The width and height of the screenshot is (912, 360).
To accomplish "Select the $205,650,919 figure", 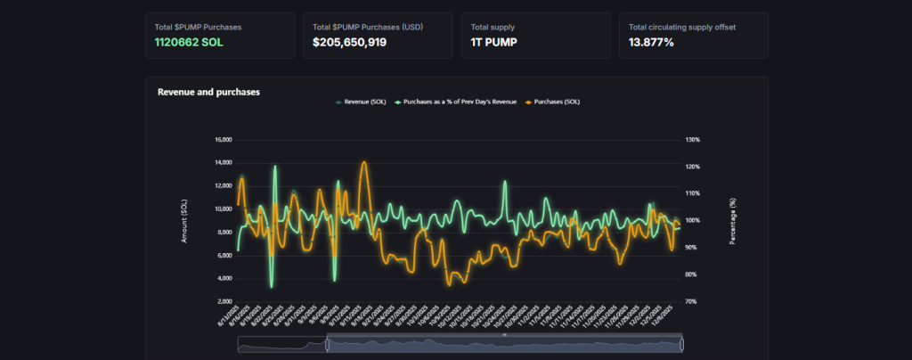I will pos(349,42).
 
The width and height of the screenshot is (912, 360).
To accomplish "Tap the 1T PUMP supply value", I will pos(494,42).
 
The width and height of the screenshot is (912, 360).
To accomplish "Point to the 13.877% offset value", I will pos(652,42).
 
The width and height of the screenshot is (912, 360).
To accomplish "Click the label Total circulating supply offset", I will pos(682,27).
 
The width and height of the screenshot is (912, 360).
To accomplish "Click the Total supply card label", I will pos(493,27).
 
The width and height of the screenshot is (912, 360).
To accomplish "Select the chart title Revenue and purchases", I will pos(208,92).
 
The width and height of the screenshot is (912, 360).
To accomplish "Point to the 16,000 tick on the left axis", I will pos(223,140).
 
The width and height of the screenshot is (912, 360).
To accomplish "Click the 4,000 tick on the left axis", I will pos(224,278).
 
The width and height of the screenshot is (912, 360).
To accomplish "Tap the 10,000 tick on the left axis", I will pos(223,209).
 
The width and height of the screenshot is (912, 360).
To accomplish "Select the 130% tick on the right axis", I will pos(694,140).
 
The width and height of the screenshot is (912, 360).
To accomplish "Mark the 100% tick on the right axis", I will pos(694,220).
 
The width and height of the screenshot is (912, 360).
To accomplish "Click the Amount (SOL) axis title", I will pos(184,221).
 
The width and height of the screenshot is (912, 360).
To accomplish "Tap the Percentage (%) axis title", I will pos(733,221).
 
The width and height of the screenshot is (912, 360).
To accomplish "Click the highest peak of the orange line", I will pos(363,163).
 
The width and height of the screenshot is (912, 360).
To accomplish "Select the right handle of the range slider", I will pos(681,344).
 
